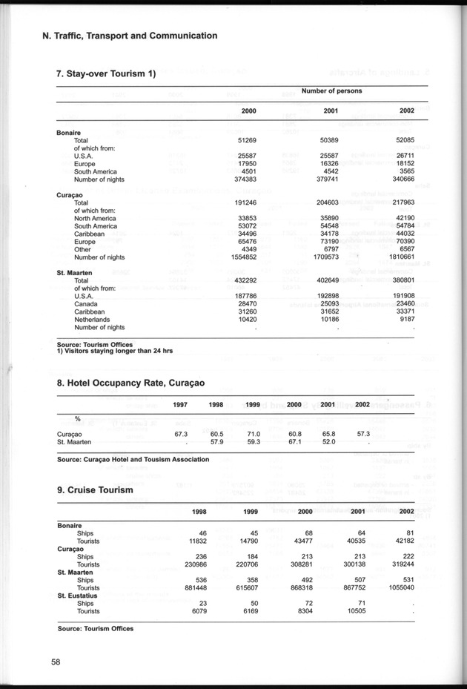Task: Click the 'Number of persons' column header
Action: coord(331,90)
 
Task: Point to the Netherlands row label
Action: coord(94,319)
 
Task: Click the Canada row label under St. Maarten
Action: coord(87,303)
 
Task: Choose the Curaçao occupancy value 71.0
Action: coord(252,434)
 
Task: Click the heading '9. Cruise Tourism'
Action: coord(95,490)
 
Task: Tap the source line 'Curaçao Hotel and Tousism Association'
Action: coord(133,459)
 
